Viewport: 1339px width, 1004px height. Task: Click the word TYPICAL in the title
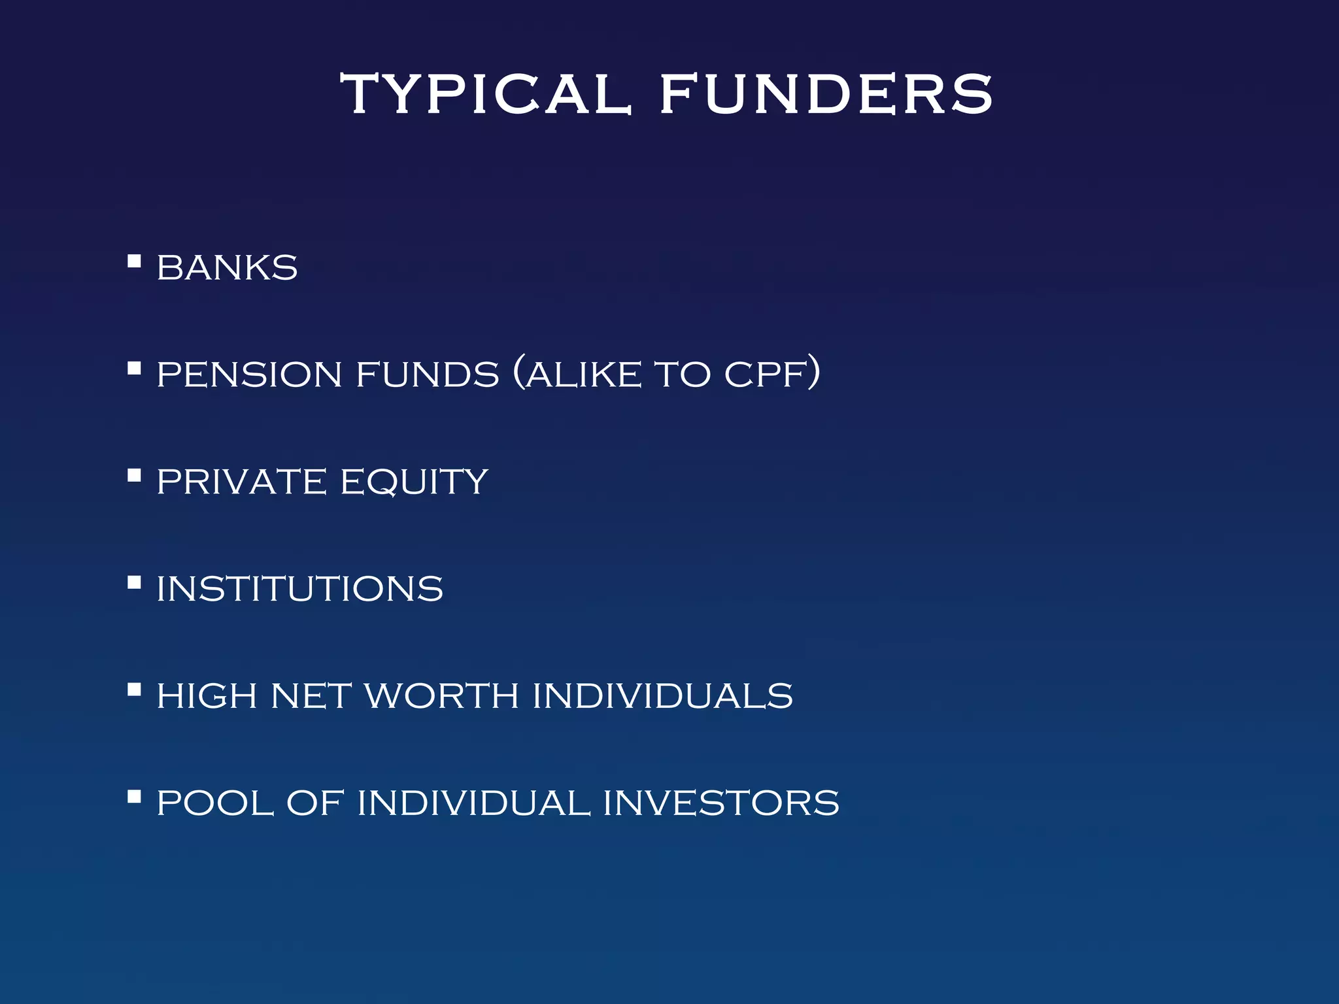[485, 94]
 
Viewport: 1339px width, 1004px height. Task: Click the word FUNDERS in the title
[826, 94]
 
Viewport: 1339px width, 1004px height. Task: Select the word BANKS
[227, 267]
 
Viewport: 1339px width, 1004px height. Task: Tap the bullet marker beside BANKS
[134, 261]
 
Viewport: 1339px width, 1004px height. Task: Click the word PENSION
[250, 375]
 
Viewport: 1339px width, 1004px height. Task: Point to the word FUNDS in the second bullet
[428, 375]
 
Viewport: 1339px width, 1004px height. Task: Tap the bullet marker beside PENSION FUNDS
[134, 369]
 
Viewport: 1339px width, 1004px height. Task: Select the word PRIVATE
[241, 482]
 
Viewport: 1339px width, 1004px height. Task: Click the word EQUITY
[415, 482]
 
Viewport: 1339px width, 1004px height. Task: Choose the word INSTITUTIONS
[300, 589]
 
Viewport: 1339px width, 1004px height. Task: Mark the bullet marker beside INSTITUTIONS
[134, 582]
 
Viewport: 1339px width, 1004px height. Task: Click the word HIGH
[207, 695]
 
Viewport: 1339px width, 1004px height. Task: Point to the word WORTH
[442, 695]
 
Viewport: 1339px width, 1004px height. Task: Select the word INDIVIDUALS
[662, 695]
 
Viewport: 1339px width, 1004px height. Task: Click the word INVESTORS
[720, 803]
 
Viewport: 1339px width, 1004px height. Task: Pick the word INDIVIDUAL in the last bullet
[474, 803]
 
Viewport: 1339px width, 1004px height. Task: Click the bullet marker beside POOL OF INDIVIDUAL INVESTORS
[134, 796]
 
